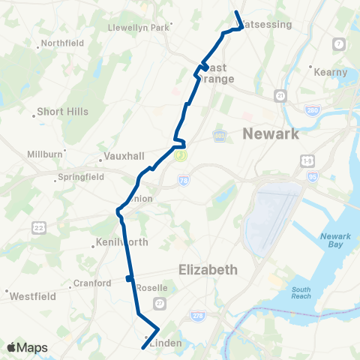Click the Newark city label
[x=271, y=133]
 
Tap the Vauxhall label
[x=119, y=159]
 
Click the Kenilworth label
[x=122, y=242]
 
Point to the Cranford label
[x=91, y=283]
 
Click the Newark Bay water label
[x=335, y=241]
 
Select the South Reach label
[x=301, y=293]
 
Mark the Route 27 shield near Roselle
[x=159, y=302]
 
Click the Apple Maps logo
[x=28, y=348]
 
